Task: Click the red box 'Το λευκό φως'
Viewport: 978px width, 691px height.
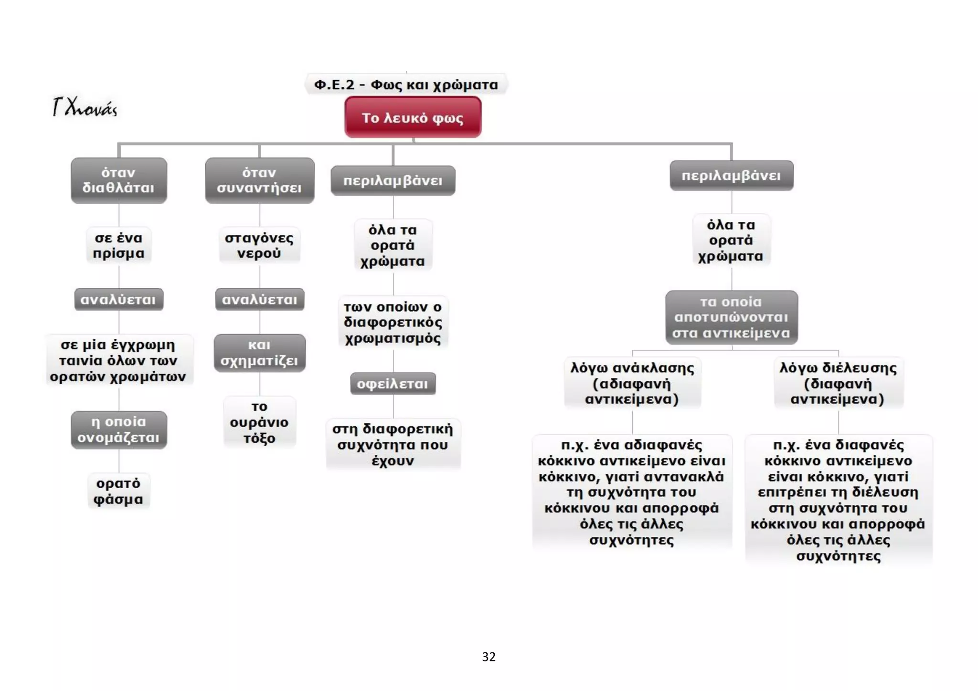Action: coord(413,117)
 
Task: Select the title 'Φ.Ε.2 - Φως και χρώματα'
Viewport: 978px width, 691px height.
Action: coord(406,84)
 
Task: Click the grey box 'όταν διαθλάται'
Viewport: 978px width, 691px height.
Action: coord(119,180)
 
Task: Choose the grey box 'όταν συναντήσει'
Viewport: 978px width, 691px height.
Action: coord(260,180)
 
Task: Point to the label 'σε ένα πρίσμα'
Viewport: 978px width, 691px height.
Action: coord(119,245)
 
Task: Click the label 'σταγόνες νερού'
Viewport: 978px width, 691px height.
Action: coord(259,245)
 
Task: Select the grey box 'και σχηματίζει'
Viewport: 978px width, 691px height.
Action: coord(260,353)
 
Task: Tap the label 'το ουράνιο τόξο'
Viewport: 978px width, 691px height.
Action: coord(259,422)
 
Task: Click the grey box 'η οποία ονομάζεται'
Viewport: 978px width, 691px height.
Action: coord(119,429)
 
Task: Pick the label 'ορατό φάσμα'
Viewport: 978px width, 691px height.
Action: coord(118,491)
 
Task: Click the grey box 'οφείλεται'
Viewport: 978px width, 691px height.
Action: coord(393,384)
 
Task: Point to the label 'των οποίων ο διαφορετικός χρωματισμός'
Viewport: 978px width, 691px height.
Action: coord(393,323)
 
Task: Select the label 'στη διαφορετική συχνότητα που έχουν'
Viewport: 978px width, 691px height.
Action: coord(393,445)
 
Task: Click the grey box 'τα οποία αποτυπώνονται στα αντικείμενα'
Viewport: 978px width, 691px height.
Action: coord(732,317)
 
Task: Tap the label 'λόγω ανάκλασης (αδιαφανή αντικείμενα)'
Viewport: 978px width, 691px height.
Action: coord(632,383)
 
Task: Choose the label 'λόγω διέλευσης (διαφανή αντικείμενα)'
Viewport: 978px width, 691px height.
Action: coord(839,383)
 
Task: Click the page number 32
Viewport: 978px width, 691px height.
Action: coord(489,657)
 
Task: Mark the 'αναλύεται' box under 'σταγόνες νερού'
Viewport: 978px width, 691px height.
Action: coord(260,299)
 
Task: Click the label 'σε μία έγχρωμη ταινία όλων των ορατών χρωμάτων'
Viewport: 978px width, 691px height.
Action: coord(119,360)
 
